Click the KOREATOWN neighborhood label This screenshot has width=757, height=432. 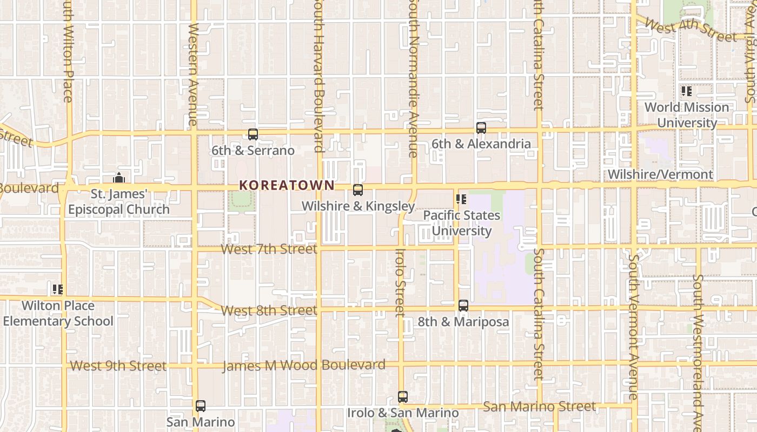tap(287, 185)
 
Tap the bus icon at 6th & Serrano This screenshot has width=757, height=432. tap(253, 134)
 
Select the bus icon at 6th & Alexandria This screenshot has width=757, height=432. tap(481, 128)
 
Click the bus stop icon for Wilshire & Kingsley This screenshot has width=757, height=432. tap(358, 190)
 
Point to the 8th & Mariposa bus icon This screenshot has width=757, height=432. tap(463, 306)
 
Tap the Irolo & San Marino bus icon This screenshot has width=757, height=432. tap(403, 397)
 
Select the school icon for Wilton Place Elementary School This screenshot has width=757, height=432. tap(58, 289)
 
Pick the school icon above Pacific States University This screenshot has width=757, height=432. tap(461, 199)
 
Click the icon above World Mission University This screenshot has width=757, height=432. tap(687, 91)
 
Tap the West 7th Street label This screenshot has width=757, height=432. tap(269, 249)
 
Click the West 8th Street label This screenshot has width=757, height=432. tap(269, 310)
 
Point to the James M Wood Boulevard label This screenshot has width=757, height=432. tap(304, 366)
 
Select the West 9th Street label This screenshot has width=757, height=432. tap(118, 366)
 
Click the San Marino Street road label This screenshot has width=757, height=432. tap(540, 406)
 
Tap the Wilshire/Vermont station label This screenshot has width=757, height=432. tap(660, 174)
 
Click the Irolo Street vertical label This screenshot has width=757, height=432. tap(400, 282)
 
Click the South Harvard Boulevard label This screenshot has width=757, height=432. tap(318, 76)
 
